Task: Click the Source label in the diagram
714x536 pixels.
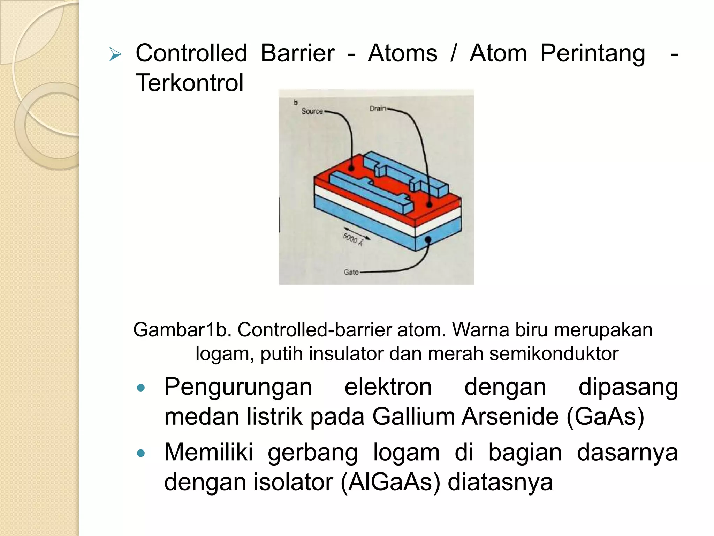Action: point(312,111)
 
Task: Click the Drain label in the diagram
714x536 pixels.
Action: point(378,109)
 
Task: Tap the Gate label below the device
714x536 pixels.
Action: point(351,272)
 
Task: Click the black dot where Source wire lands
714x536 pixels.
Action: point(351,169)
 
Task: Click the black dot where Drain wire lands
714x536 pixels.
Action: point(430,205)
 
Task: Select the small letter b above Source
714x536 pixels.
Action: point(296,103)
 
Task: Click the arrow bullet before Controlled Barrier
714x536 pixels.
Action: point(115,54)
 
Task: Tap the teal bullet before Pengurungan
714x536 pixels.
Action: point(141,388)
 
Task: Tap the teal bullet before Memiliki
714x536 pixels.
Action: point(141,453)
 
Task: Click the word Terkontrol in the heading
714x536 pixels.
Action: point(189,83)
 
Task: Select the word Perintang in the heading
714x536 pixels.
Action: point(592,53)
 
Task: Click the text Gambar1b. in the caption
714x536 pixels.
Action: point(182,330)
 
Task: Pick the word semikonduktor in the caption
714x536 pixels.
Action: point(554,353)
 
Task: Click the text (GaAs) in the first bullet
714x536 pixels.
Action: point(605,417)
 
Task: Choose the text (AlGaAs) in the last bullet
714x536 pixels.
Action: point(390,482)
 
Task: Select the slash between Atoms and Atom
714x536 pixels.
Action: point(453,53)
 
